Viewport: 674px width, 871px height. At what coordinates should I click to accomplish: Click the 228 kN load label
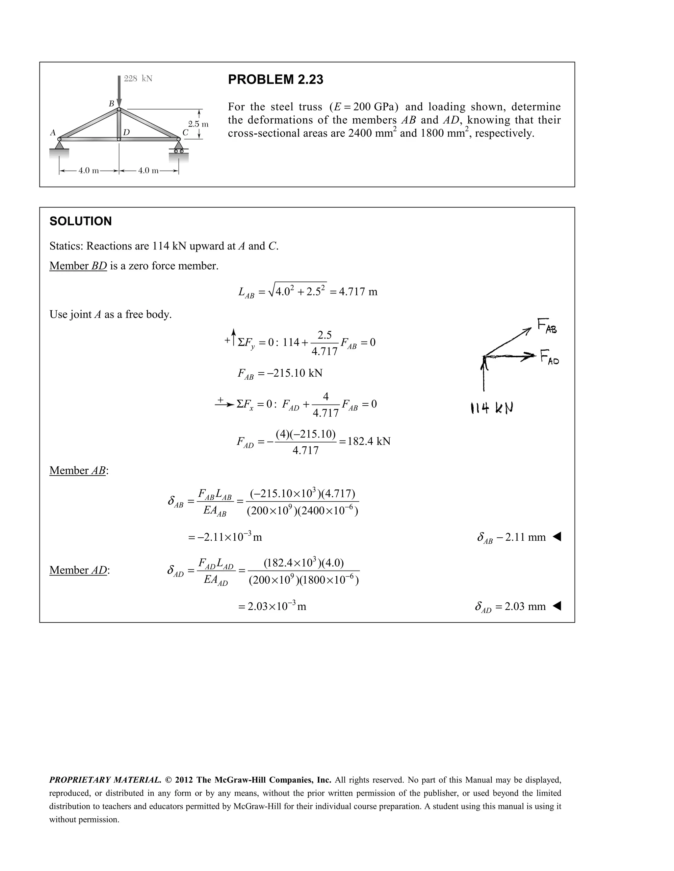click(138, 79)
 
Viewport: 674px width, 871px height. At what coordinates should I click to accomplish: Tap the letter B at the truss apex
click(112, 104)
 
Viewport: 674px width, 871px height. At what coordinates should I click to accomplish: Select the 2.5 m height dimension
click(198, 124)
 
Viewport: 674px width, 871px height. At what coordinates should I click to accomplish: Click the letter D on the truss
click(126, 132)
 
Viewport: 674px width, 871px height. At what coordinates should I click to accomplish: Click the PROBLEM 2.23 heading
click(275, 79)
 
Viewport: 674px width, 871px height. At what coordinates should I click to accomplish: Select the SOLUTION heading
click(81, 221)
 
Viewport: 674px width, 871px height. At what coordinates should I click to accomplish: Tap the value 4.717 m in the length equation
click(358, 292)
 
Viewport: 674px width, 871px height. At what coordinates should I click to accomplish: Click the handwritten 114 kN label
click(492, 408)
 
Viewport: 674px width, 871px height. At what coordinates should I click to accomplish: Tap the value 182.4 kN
click(369, 441)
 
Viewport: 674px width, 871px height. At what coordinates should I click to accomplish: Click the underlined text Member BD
click(78, 266)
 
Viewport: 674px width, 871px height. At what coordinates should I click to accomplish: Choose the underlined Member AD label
click(79, 570)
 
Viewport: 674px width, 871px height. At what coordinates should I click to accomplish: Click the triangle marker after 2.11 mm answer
click(557, 537)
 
